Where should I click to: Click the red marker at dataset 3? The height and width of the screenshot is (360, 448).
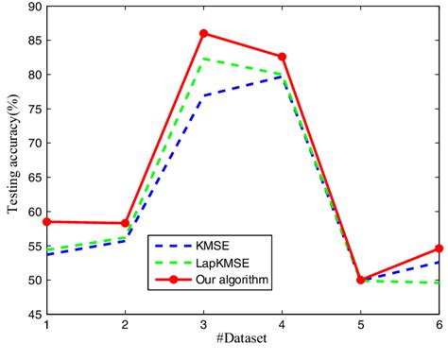click(x=204, y=33)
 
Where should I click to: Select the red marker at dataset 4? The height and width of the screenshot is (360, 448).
click(x=283, y=57)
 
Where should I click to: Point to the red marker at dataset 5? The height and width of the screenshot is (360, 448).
click(x=361, y=280)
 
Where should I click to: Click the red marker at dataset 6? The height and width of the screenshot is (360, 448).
click(x=439, y=249)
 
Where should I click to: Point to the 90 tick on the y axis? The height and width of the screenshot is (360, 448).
click(x=34, y=7)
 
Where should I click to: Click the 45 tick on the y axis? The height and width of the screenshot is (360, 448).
click(x=34, y=314)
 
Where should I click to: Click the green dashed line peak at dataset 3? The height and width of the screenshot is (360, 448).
click(x=204, y=59)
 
